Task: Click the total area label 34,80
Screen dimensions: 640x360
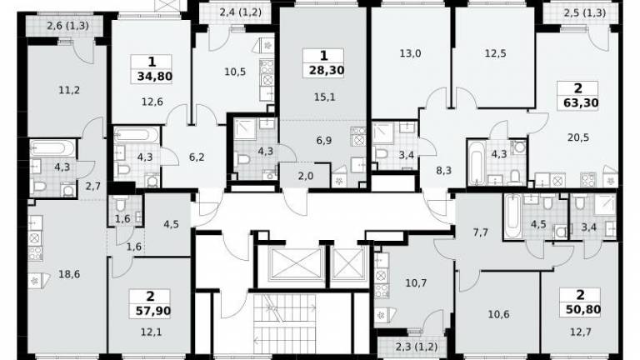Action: [x=155, y=77]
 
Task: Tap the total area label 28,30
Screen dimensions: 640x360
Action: [x=327, y=70]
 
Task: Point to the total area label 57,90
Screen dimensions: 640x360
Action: [x=153, y=311]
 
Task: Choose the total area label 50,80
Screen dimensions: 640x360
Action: [x=583, y=309]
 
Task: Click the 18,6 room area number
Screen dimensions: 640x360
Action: [x=69, y=274]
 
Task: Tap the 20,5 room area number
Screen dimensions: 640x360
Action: [x=578, y=137]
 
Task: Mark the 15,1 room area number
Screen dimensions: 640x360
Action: [x=325, y=97]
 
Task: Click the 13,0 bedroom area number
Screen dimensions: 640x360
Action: [x=410, y=53]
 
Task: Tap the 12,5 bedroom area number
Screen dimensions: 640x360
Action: [x=496, y=53]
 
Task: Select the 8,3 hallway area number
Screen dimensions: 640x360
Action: [x=443, y=170]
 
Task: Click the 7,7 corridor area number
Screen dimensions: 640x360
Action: [x=480, y=232]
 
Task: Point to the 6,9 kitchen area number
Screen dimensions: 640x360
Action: [x=324, y=141]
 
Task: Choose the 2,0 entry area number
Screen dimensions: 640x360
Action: [x=305, y=176]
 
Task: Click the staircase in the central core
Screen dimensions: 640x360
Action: [x=284, y=322]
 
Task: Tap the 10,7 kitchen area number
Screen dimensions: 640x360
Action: [x=416, y=282]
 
